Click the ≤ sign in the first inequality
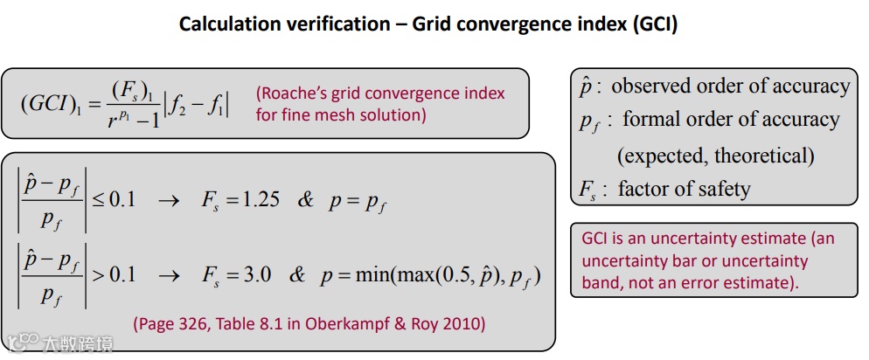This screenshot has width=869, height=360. click(x=99, y=199)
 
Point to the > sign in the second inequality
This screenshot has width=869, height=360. click(x=99, y=274)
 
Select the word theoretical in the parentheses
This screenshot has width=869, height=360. click(x=763, y=156)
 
